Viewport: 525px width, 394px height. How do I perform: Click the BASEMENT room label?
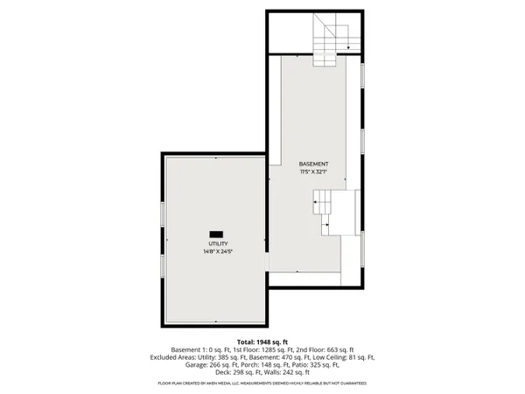[313, 165]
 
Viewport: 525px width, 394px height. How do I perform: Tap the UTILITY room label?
[217, 243]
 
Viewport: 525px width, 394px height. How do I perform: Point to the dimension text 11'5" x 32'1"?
[313, 172]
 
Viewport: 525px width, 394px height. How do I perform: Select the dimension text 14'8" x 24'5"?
[217, 251]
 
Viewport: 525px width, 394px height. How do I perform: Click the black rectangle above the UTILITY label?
[216, 233]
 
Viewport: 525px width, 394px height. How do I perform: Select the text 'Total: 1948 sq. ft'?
[262, 341]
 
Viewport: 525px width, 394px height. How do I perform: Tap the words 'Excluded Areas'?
[173, 357]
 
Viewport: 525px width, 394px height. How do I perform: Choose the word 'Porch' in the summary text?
[227, 365]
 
